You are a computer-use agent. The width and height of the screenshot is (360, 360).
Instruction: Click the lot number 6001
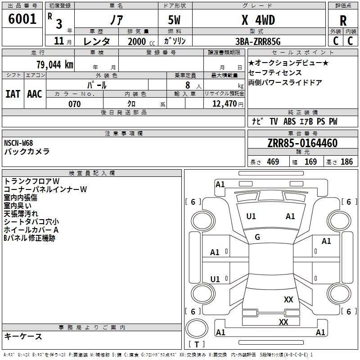click(22, 19)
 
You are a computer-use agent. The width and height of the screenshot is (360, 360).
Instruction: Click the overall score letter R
click(343, 21)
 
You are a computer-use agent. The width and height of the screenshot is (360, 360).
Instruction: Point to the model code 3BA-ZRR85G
click(257, 41)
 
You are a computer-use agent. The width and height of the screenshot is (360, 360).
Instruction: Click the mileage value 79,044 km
click(54, 64)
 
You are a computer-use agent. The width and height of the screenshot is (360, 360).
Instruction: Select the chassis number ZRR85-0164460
click(302, 144)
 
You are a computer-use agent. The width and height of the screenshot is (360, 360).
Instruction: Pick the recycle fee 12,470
click(225, 104)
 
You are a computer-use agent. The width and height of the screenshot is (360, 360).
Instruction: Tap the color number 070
click(74, 104)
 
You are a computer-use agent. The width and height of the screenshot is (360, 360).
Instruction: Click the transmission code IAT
click(13, 94)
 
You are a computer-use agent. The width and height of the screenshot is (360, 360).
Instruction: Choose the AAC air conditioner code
click(35, 94)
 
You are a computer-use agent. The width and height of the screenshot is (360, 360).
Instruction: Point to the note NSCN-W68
click(18, 143)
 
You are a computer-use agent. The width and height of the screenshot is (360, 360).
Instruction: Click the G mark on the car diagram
click(257, 237)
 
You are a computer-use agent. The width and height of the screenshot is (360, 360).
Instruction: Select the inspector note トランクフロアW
click(31, 181)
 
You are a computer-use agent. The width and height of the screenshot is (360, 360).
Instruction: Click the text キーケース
click(23, 337)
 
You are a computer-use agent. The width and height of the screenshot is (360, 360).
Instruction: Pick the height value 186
click(346, 162)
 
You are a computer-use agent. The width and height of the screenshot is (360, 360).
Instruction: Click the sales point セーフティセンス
click(274, 72)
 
